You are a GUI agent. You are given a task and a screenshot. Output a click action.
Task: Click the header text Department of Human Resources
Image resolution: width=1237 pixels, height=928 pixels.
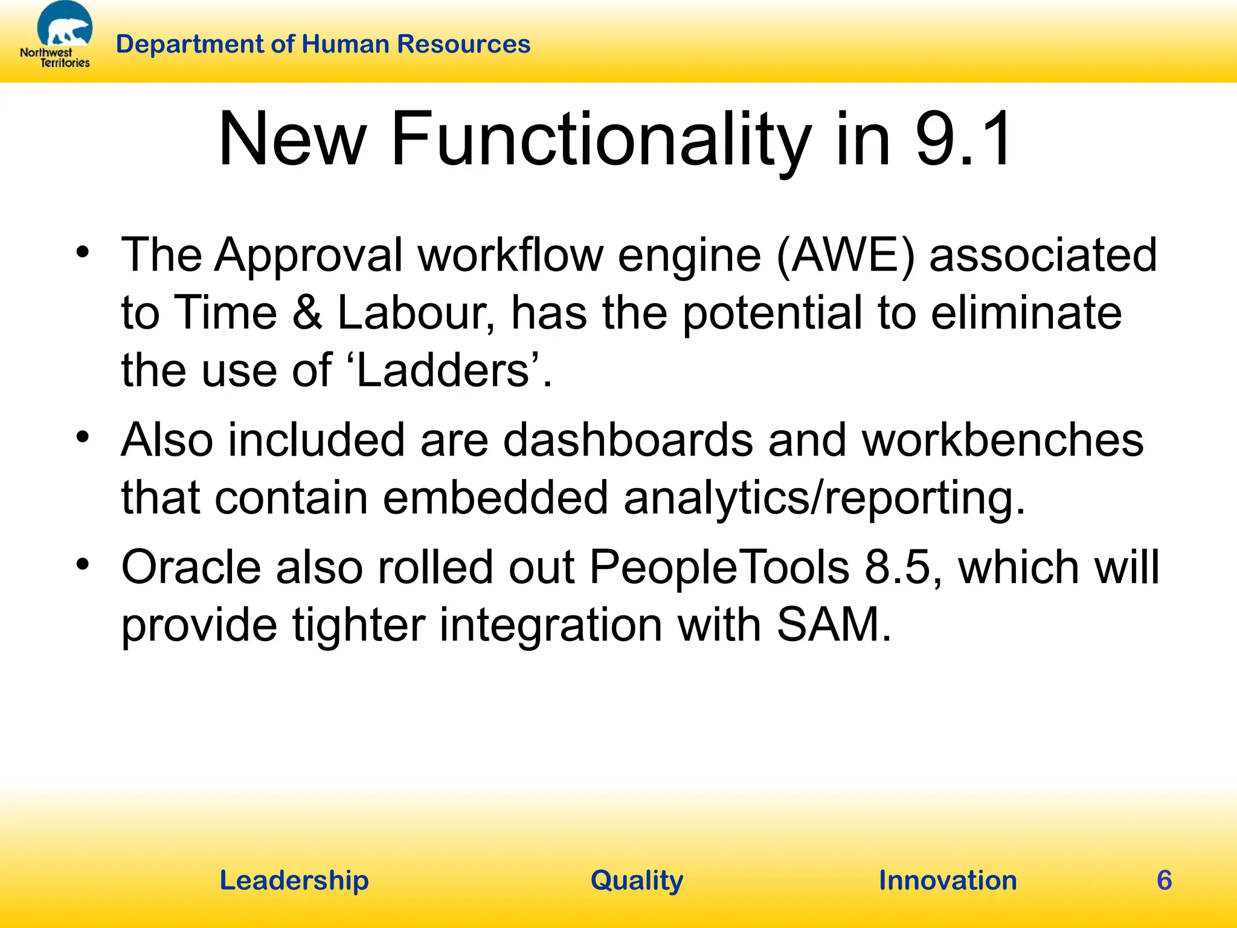[x=323, y=44]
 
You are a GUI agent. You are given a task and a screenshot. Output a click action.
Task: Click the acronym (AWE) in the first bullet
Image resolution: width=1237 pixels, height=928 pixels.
[x=845, y=255]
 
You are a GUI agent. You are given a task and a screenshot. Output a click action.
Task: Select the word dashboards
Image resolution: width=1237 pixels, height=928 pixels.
[x=628, y=439]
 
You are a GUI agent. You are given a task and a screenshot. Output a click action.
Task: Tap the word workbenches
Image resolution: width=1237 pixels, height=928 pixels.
[x=1003, y=439]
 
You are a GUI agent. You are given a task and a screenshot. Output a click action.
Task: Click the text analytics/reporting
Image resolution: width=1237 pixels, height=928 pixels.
[x=824, y=497]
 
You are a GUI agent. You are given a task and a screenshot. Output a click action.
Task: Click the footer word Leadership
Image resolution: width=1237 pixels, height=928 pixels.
[x=294, y=880]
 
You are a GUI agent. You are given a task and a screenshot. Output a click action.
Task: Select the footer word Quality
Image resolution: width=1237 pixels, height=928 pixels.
[x=637, y=880]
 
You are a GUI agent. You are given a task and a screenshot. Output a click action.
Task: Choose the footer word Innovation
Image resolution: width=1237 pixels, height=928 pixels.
[x=948, y=880]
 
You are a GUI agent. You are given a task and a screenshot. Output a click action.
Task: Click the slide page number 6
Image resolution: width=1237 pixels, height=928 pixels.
[x=1164, y=880]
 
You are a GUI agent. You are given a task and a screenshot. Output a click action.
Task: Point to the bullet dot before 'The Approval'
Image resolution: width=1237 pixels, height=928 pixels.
[x=83, y=253]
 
